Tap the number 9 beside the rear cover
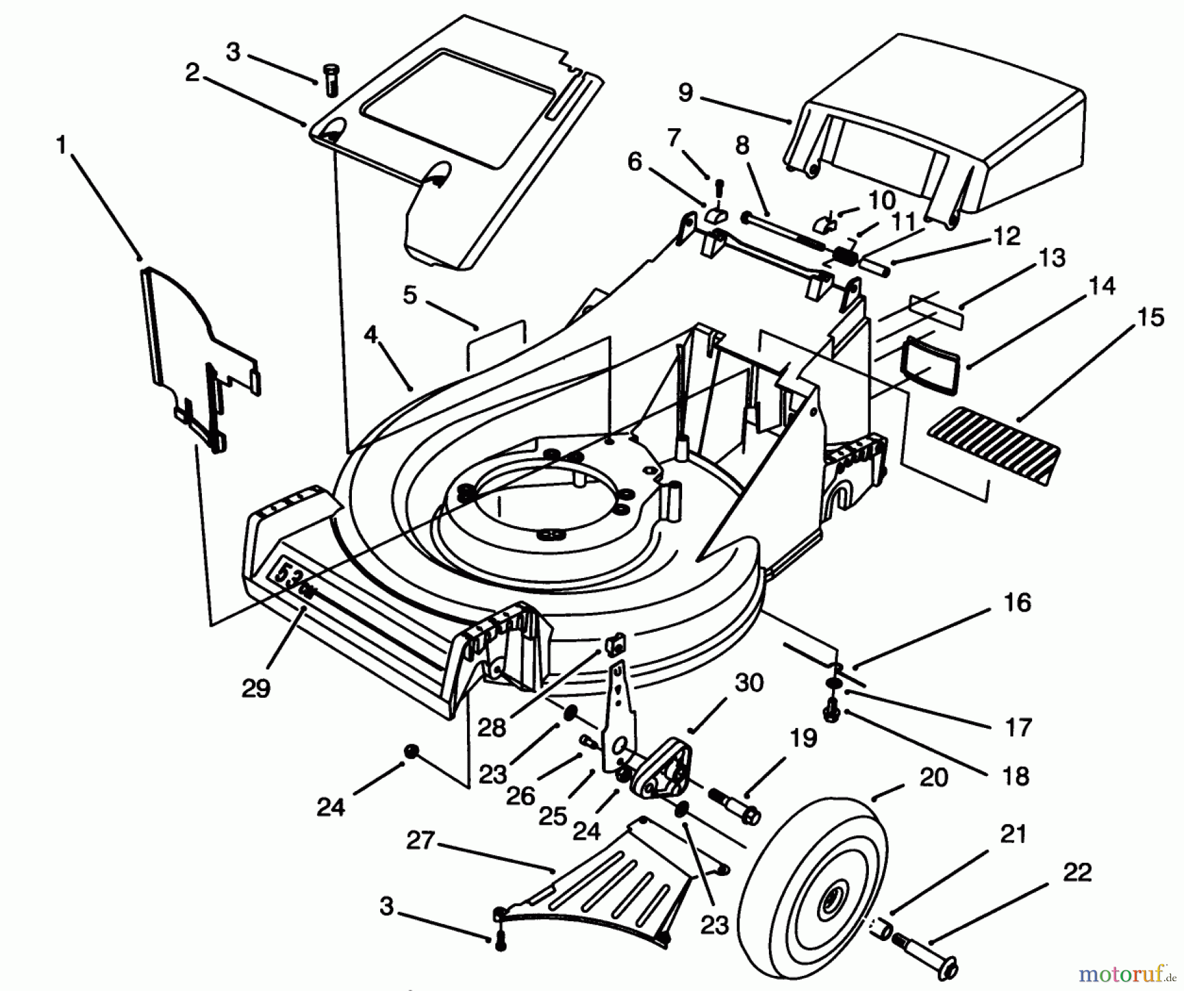(685, 93)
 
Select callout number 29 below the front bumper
(256, 689)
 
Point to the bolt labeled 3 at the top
(331, 80)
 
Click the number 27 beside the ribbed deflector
(420, 841)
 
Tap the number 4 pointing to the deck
(370, 335)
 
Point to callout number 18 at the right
(1016, 776)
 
